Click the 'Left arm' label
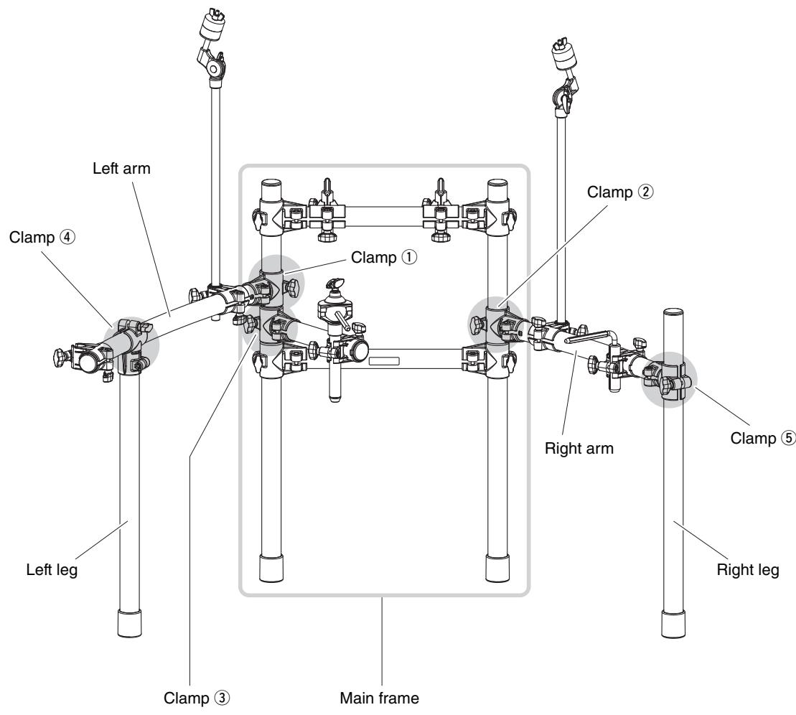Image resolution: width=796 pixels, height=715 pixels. click(121, 168)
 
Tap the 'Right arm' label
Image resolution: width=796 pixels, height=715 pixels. click(579, 449)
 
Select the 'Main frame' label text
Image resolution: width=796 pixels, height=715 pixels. click(379, 698)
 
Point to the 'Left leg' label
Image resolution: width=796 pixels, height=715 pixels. click(52, 570)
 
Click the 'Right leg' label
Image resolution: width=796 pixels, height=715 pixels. click(747, 570)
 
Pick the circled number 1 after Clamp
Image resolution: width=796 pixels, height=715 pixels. click(410, 257)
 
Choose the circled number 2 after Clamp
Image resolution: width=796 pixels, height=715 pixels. click(646, 192)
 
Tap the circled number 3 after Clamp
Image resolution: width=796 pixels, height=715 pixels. click(222, 698)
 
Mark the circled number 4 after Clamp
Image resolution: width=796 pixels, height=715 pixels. click(67, 237)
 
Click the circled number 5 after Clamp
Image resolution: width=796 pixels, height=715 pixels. click(788, 438)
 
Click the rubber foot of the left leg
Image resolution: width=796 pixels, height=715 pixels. click(129, 623)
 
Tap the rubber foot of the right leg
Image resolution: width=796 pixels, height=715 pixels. click(674, 624)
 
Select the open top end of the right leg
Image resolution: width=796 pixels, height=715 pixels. click(674, 312)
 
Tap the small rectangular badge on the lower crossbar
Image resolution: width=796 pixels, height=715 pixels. click(384, 362)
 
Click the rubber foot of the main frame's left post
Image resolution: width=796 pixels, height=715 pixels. click(271, 568)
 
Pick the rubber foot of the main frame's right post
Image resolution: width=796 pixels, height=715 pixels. click(497, 568)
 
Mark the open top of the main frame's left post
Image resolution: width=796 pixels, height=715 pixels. click(271, 183)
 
